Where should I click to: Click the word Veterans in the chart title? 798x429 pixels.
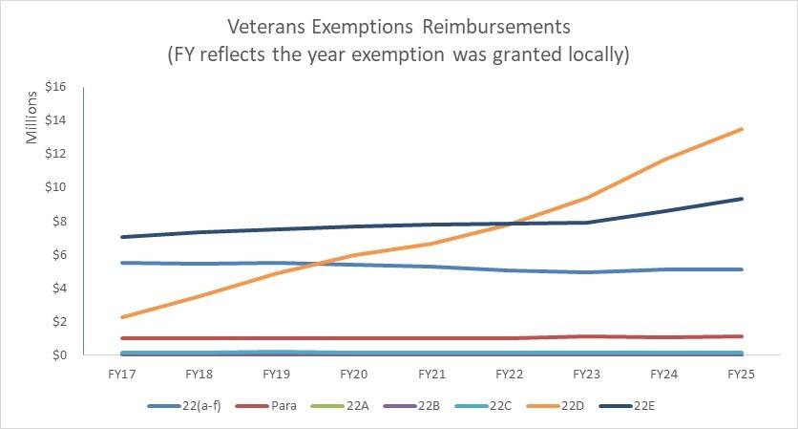[x=267, y=23]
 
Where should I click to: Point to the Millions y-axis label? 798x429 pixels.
[x=31, y=118]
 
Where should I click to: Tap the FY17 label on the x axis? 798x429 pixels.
[x=122, y=375]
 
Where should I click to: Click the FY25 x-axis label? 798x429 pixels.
[x=741, y=375]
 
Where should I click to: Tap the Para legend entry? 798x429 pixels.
[x=284, y=406]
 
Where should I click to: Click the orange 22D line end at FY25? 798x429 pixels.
[x=742, y=129]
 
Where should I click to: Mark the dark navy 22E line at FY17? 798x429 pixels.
[x=122, y=237]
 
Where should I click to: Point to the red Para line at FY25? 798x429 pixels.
[x=742, y=336]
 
